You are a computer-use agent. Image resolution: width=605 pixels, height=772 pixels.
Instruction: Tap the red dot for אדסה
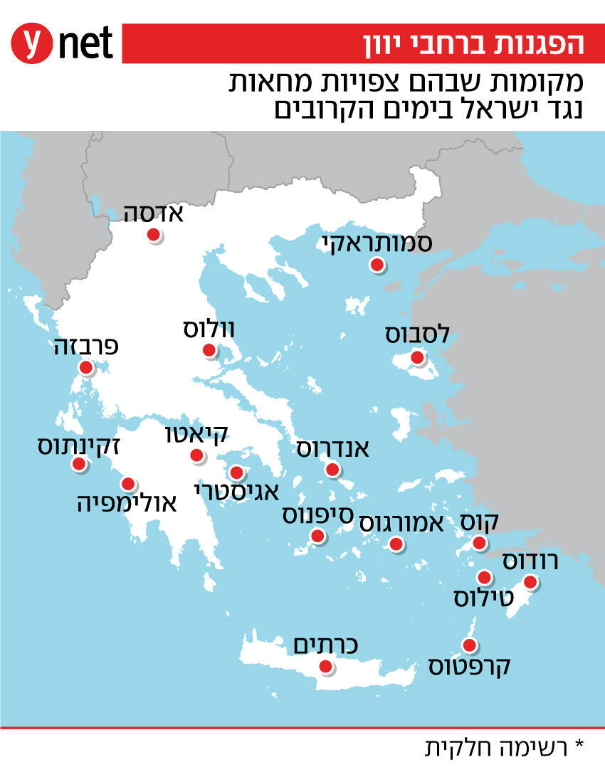152,236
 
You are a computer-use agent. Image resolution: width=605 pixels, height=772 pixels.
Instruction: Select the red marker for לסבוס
418,357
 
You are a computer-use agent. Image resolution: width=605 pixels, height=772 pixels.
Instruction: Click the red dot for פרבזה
86,368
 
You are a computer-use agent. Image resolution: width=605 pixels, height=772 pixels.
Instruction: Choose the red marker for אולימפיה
128,485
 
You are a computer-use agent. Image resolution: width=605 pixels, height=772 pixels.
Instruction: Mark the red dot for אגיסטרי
236,472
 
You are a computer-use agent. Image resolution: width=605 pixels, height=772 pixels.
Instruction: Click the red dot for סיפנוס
317,536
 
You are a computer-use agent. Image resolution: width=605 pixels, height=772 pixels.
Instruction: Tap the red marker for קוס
480,544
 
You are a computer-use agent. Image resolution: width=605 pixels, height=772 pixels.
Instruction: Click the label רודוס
530,561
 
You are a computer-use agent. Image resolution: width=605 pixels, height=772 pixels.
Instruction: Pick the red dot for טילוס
484,577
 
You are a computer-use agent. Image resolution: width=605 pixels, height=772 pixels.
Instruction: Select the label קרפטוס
470,667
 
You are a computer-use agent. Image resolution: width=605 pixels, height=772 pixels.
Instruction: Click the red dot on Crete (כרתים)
325,667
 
